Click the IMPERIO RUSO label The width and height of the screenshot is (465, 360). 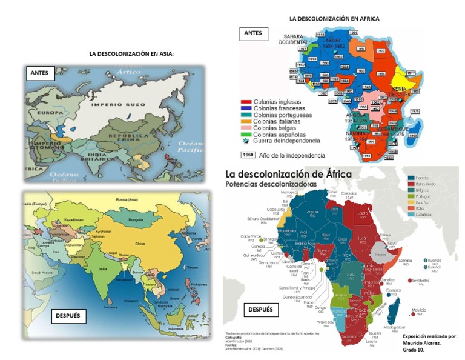point(112,104)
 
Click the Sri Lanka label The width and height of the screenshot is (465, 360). point(110,307)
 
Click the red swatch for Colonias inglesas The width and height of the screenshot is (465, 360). point(246,102)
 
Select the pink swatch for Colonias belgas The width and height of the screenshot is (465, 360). point(246,128)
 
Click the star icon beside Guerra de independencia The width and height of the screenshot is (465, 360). point(246,141)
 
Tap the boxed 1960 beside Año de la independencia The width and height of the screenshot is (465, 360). point(248,155)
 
